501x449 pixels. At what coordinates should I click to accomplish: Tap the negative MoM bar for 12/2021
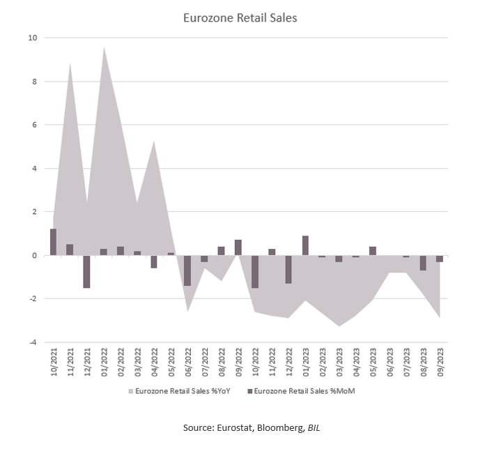point(86,271)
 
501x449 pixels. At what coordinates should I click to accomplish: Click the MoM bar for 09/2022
point(238,248)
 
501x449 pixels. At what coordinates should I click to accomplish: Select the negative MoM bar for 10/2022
point(255,271)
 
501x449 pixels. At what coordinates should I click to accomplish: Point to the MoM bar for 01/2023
point(305,245)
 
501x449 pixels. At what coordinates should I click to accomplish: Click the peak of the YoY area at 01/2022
point(104,47)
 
